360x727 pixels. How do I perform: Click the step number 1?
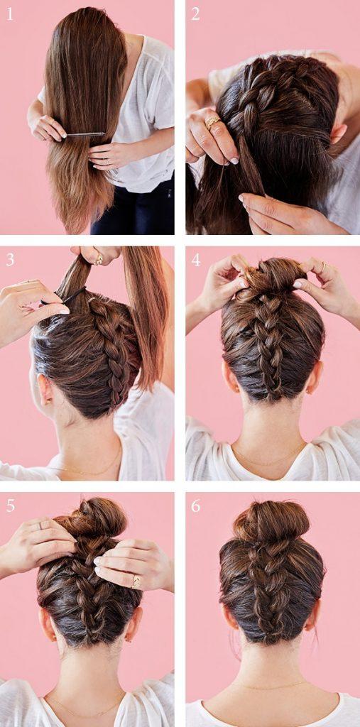[10, 14]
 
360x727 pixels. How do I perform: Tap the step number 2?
[196, 14]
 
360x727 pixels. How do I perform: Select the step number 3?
[10, 260]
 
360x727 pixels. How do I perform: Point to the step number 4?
[196, 260]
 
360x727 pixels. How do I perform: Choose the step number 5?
[10, 506]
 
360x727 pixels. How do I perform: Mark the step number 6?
[196, 506]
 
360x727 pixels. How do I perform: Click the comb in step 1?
[85, 133]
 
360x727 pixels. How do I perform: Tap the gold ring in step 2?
[212, 122]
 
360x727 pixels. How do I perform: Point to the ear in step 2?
[339, 133]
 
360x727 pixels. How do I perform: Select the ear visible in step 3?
[43, 391]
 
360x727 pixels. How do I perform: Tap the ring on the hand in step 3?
[99, 260]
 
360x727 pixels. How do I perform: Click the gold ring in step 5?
[136, 581]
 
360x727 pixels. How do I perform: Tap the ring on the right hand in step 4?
[324, 266]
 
